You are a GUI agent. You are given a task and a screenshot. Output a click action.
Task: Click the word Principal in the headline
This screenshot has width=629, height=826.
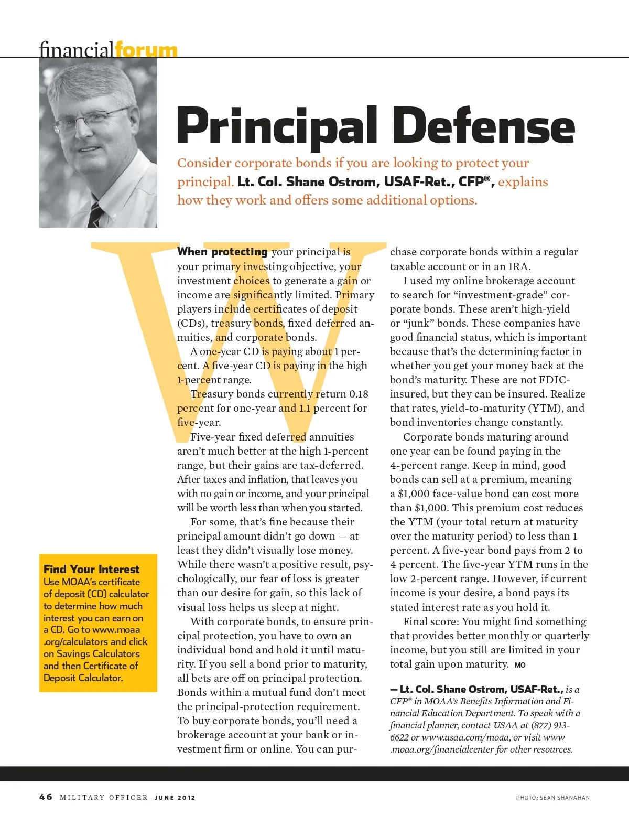pyautogui.click(x=277, y=127)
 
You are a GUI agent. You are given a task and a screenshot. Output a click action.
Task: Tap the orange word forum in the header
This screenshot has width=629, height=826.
pyautogui.click(x=146, y=50)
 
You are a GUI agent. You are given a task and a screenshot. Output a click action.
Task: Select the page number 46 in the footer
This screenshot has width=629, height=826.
pyautogui.click(x=46, y=797)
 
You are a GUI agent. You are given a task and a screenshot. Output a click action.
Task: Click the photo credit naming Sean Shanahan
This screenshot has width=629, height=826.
pyautogui.click(x=552, y=798)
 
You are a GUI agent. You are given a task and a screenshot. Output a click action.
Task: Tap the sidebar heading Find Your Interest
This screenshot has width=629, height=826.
pyautogui.click(x=91, y=570)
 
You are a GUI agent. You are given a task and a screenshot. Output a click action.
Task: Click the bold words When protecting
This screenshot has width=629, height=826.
pyautogui.click(x=222, y=252)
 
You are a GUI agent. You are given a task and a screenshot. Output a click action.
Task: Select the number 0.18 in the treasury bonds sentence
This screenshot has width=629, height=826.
pyautogui.click(x=359, y=394)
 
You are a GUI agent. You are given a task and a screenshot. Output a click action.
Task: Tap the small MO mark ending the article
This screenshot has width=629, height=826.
pyautogui.click(x=520, y=665)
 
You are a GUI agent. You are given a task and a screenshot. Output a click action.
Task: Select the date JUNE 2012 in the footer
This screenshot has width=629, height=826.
pyautogui.click(x=175, y=798)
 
